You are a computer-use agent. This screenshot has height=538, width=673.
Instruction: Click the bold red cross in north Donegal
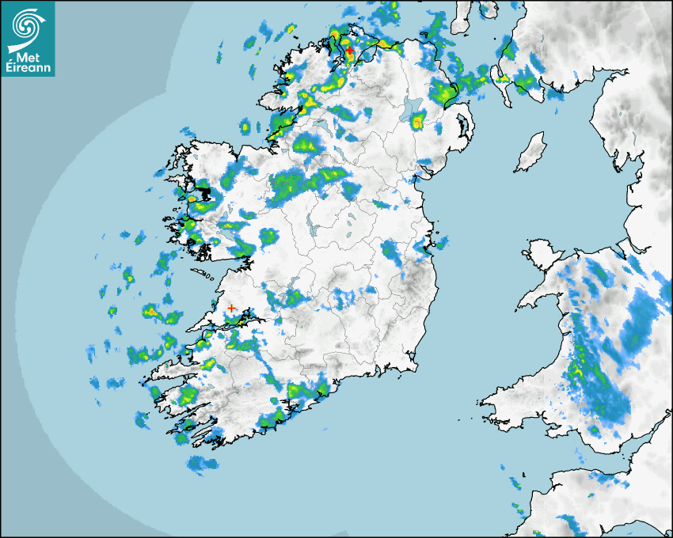pyautogui.click(x=349, y=50)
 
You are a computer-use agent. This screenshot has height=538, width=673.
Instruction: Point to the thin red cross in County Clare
pyautogui.click(x=230, y=308)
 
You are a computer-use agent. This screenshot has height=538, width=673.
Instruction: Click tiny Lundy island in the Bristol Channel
pyautogui.click(x=589, y=494)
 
